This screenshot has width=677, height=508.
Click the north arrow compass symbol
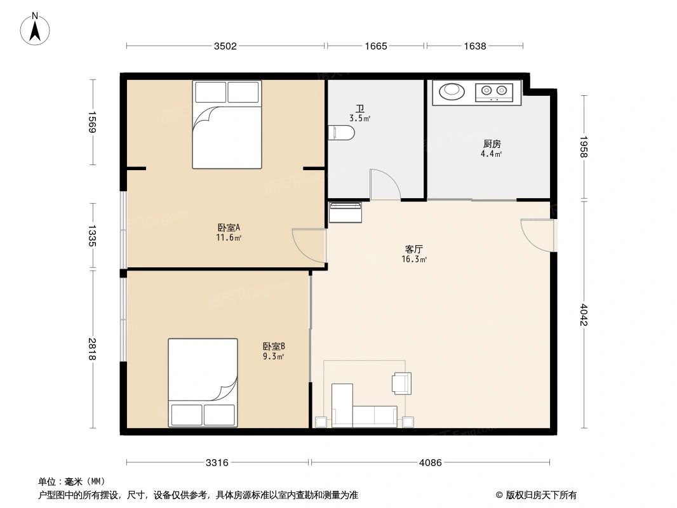tap(36, 29)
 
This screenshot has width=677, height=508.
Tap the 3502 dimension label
tap(225, 46)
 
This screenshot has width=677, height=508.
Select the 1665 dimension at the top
tap(376, 46)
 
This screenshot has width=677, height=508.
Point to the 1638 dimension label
tap(474, 46)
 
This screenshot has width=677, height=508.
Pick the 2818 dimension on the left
tap(93, 349)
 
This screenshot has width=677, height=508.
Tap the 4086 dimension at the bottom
tap(430, 462)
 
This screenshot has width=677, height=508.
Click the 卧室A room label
tap(228, 227)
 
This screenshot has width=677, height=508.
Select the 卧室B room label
tap(274, 346)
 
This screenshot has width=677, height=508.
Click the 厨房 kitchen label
tap(492, 144)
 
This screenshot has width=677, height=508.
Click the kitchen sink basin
tap(452, 91)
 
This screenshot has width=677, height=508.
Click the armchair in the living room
tap(402, 382)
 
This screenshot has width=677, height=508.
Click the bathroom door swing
tap(385, 185)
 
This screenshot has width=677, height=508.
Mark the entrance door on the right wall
tap(537, 234)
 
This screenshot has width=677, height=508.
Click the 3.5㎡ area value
tap(359, 118)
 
